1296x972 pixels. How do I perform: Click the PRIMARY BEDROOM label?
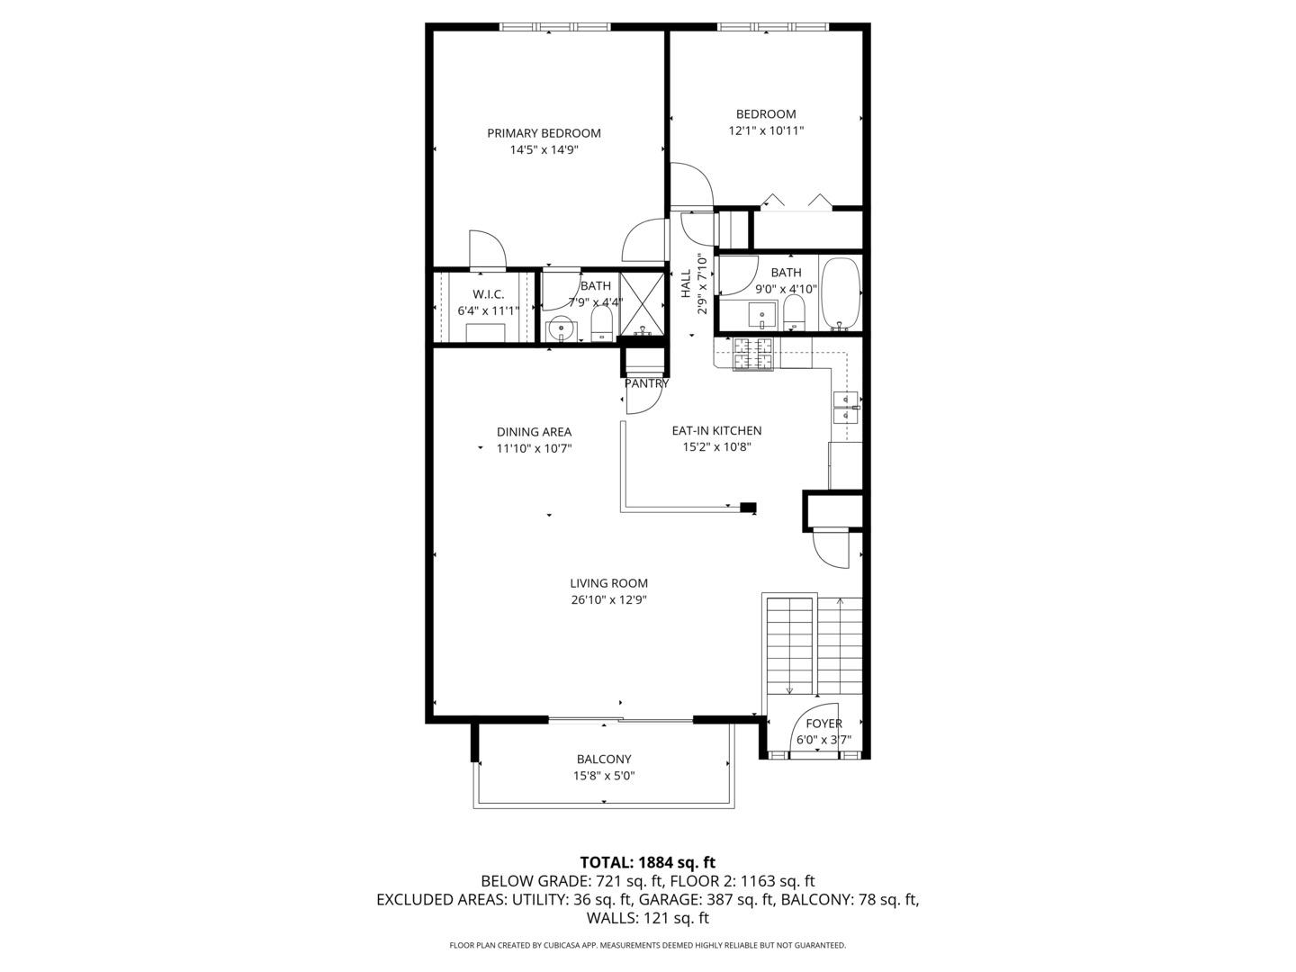[544, 133]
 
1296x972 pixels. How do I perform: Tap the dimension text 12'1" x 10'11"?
[766, 130]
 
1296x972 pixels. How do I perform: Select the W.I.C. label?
[489, 294]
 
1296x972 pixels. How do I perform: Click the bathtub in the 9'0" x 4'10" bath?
[840, 293]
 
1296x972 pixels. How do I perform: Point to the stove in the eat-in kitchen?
[753, 354]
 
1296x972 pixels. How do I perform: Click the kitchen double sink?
[844, 407]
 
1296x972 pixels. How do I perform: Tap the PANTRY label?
[646, 383]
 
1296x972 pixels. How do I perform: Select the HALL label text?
[686, 283]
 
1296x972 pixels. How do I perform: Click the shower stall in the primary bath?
[643, 304]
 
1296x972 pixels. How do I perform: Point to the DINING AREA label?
[534, 432]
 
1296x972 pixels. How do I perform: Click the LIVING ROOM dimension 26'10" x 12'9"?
[608, 599]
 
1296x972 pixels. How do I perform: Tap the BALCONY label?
[604, 759]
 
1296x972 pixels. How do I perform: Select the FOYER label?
[823, 724]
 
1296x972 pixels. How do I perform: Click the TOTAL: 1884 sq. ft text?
[647, 862]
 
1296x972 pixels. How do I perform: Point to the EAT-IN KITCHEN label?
[716, 431]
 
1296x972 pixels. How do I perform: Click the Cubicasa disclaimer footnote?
[647, 945]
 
